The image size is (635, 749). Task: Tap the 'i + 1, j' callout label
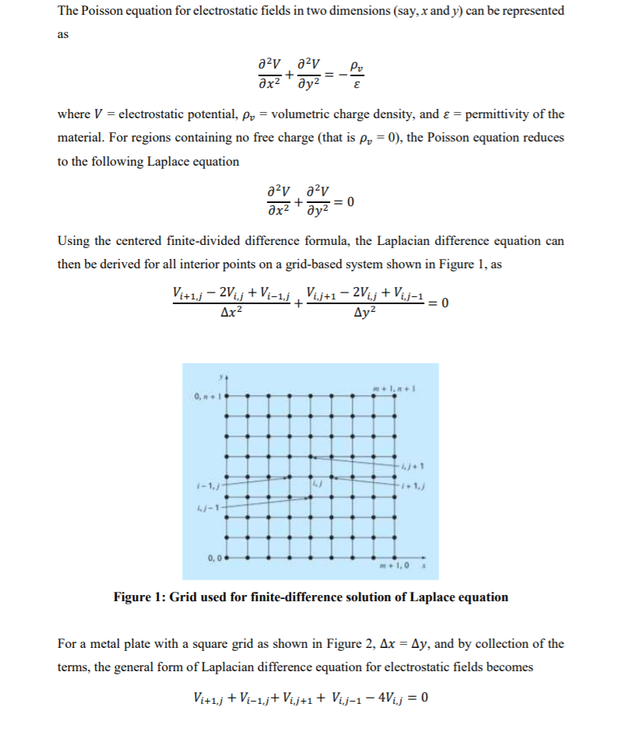[x=412, y=487]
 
